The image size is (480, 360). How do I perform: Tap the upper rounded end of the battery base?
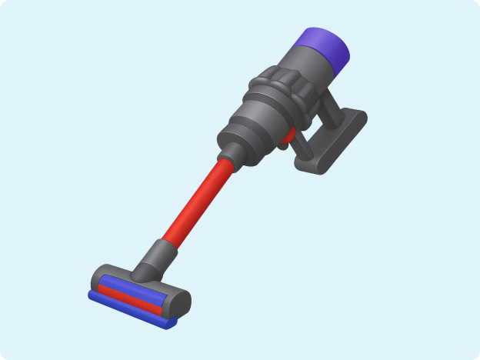coord(355,120)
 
